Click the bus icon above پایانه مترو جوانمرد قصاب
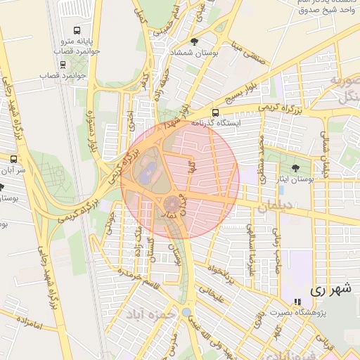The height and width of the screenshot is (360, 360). [77, 31]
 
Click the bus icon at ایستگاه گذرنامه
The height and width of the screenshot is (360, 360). [215, 112]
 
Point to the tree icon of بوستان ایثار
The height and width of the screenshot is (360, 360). [295, 167]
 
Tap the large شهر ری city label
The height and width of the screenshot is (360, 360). [330, 289]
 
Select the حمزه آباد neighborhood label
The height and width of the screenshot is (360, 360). [151, 314]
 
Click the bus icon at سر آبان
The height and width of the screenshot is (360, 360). [14, 159]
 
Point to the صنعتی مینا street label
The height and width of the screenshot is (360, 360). [255, 57]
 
